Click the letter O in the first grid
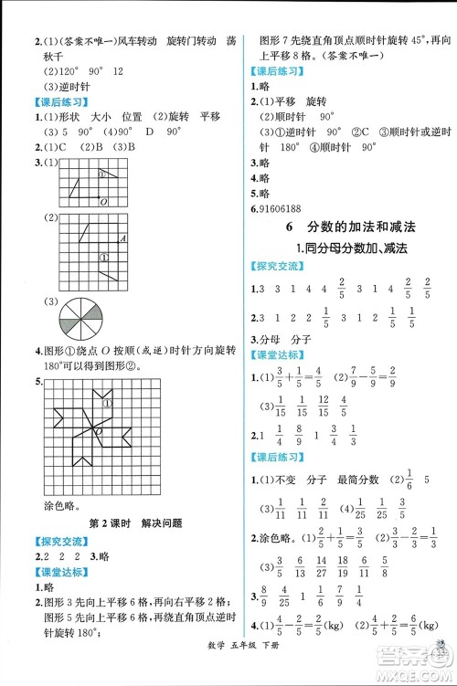point(103,201)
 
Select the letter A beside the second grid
point(122,239)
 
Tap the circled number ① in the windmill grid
point(108,405)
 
